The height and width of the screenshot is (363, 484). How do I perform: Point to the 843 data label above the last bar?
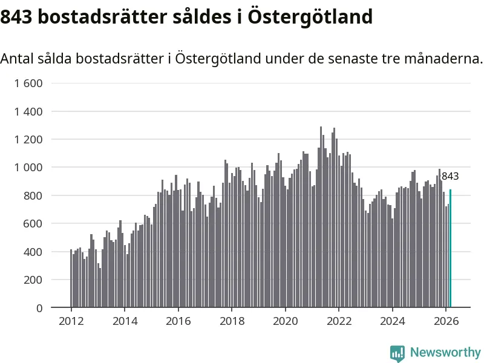(x=450, y=177)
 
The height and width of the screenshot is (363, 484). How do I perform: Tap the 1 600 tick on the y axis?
(x=28, y=83)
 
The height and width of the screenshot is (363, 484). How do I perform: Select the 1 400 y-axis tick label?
(x=28, y=111)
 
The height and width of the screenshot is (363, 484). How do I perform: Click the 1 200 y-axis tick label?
(x=28, y=140)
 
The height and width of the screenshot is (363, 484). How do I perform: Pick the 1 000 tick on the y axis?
(x=28, y=168)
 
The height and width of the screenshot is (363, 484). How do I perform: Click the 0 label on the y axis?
(x=39, y=308)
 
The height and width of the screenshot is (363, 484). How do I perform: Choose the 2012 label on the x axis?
(x=71, y=321)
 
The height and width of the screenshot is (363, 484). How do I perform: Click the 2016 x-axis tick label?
(x=178, y=321)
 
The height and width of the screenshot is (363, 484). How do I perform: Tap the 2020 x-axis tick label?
(x=285, y=321)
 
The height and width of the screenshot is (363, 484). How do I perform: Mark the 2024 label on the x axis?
(x=392, y=321)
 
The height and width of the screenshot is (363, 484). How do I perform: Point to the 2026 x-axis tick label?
(x=445, y=321)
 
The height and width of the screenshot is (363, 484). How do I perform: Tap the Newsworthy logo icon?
(x=397, y=353)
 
